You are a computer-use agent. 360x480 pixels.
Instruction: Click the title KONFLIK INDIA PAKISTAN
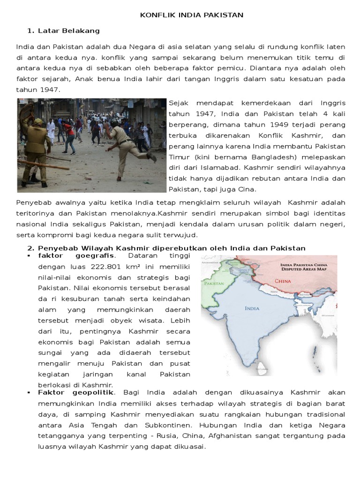click(192, 15)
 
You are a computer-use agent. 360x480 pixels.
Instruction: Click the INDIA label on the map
click(252, 308)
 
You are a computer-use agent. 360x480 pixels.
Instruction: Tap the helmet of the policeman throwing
click(114, 123)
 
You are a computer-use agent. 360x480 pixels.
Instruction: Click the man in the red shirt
click(70, 130)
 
